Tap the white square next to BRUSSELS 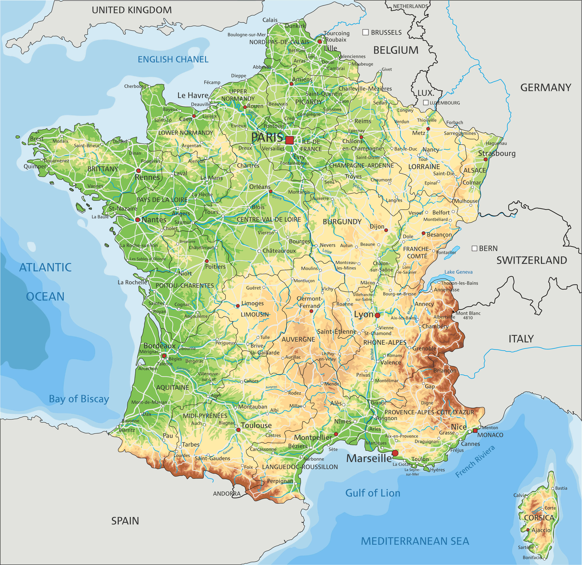366,32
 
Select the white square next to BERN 474,248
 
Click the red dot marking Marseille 395,453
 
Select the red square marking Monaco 475,431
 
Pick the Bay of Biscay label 79,399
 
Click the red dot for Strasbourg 486,159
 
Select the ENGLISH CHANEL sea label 173,59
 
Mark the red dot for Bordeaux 164,355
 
